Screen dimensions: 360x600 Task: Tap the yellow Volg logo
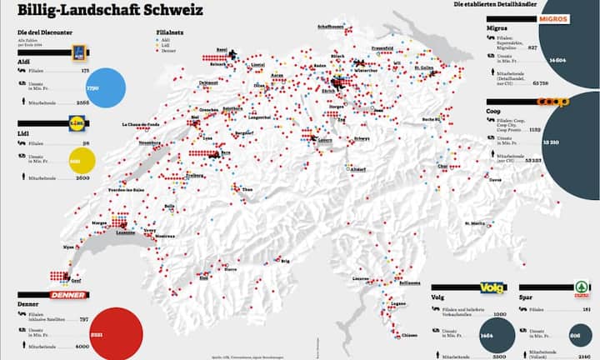pos(493,287)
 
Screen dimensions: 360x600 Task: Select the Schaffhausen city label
pos(331,26)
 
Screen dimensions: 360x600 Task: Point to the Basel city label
pos(222,49)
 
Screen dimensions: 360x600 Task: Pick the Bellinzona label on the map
pos(411,282)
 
